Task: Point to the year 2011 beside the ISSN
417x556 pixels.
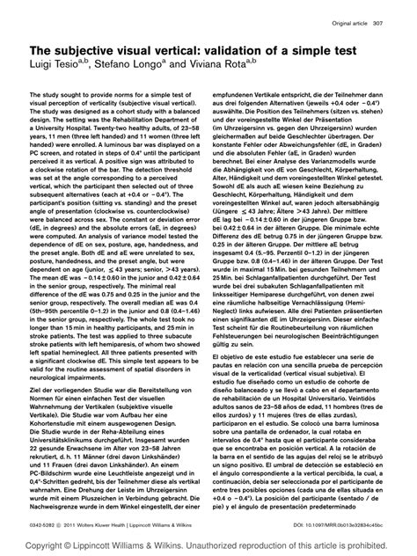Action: click(76, 522)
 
